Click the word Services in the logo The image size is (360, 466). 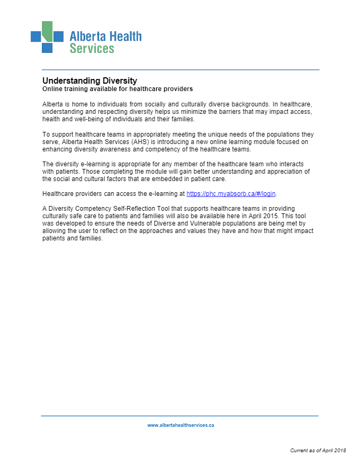pyautogui.click(x=92, y=49)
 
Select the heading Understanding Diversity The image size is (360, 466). pyautogui.click(x=89, y=80)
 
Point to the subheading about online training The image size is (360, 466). pyautogui.click(x=118, y=89)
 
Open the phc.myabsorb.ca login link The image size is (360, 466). pyautogui.click(x=231, y=194)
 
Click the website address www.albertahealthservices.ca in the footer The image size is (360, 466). pyautogui.click(x=181, y=425)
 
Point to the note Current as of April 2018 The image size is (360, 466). pyautogui.click(x=318, y=450)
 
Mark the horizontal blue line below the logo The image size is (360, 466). pyautogui.click(x=181, y=70)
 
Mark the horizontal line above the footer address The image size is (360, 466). pyautogui.click(x=180, y=416)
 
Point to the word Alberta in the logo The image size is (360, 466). pyautogui.click(x=87, y=36)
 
